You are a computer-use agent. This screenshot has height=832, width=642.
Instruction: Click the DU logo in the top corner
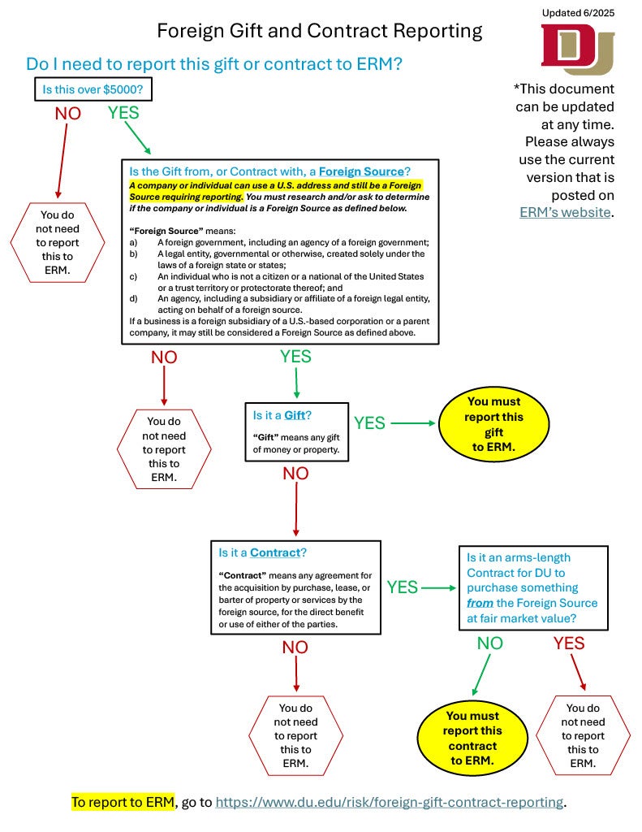pyautogui.click(x=578, y=49)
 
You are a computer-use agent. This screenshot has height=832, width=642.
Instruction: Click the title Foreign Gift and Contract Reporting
pyautogui.click(x=319, y=32)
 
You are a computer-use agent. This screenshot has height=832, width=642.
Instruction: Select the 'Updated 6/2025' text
pyautogui.click(x=578, y=12)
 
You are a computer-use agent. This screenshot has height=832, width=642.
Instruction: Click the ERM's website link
pyautogui.click(x=565, y=212)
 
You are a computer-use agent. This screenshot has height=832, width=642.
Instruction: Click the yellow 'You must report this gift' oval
pyautogui.click(x=493, y=424)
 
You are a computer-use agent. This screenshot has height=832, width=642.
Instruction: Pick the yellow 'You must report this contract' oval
pyautogui.click(x=472, y=738)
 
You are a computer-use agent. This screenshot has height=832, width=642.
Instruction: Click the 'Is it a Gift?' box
pyautogui.click(x=296, y=431)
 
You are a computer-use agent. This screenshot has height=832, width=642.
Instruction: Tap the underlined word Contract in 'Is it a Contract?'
pyautogui.click(x=275, y=552)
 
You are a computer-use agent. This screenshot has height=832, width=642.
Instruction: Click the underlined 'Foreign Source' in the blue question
pyautogui.click(x=361, y=171)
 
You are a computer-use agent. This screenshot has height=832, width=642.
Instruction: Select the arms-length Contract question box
pyautogui.click(x=533, y=587)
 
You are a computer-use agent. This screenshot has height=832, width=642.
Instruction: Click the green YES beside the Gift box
pyautogui.click(x=369, y=423)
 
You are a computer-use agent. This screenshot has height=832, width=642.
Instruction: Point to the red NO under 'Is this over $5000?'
pyautogui.click(x=68, y=114)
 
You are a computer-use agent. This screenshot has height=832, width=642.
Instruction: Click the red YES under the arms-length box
pyautogui.click(x=569, y=643)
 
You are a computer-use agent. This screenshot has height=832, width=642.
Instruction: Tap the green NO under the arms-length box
pyautogui.click(x=489, y=643)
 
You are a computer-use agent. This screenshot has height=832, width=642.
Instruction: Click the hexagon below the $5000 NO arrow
pyautogui.click(x=58, y=242)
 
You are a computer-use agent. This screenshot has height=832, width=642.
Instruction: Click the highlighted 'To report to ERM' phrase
pyautogui.click(x=123, y=802)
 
